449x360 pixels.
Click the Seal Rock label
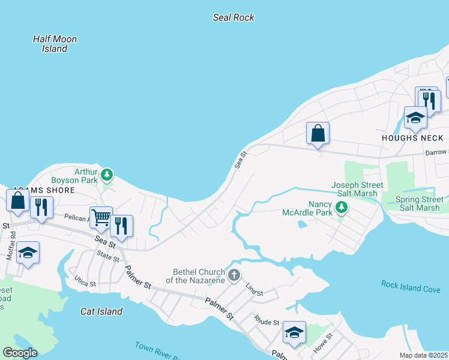234,17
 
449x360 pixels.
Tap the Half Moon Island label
55,44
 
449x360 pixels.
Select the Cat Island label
101,311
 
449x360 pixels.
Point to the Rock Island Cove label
411,287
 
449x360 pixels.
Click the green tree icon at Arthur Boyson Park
107,175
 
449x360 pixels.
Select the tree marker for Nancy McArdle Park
342,208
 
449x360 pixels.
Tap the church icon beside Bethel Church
234,275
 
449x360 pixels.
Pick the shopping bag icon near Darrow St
318,133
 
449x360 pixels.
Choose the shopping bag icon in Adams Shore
18,200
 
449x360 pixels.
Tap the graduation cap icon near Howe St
294,332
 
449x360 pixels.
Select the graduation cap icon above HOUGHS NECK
415,117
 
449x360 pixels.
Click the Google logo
20,353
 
